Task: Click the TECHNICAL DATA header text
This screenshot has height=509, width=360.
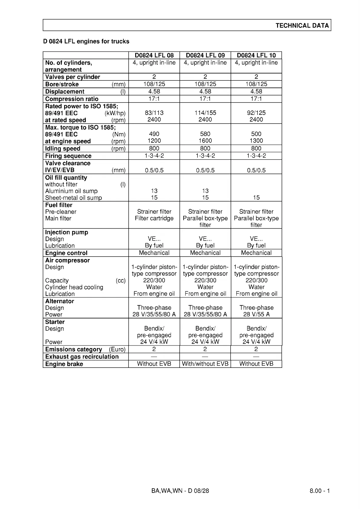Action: point(302,26)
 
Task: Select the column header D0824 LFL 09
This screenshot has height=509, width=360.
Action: point(205,55)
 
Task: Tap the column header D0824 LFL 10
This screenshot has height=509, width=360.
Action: point(256,55)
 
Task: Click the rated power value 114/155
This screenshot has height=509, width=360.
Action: point(205,113)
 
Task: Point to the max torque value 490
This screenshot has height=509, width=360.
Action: point(154,134)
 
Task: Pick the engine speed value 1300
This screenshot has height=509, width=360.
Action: point(256,141)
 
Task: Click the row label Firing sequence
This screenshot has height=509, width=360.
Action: point(68,156)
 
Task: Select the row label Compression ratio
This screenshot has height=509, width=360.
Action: point(72,99)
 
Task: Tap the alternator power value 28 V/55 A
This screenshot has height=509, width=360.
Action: point(256,314)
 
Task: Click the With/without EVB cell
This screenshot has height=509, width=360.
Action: point(205,364)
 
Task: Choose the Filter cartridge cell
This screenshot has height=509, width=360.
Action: point(154,218)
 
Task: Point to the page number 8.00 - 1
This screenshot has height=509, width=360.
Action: point(319,491)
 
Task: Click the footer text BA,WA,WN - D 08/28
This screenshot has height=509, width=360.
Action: point(180,491)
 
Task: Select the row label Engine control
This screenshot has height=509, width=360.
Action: point(66,253)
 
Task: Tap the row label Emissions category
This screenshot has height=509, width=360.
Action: point(74,349)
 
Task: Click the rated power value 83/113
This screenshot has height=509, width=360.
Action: point(154,113)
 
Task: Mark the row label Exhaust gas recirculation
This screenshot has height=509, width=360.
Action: point(82,357)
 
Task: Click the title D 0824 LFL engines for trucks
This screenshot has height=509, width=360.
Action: point(86,41)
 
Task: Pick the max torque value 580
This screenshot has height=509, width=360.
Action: point(205,134)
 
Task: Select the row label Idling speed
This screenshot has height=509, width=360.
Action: point(63,149)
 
